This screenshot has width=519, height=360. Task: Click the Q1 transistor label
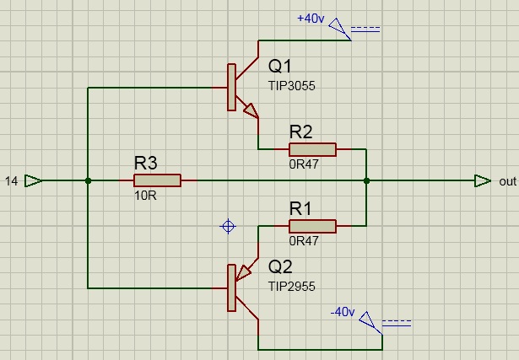tap(281, 67)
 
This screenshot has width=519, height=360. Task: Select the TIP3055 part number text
tap(292, 86)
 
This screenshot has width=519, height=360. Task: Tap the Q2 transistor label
tap(281, 267)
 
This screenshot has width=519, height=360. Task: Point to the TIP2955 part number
tap(292, 287)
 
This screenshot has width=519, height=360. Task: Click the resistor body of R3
tap(157, 180)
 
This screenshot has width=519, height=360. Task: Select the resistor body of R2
tap(312, 150)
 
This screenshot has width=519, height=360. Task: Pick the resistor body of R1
tap(312, 226)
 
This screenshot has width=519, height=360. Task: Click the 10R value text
tap(146, 196)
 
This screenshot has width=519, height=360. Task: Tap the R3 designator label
tap(146, 163)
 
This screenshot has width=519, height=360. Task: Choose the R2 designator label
tap(301, 132)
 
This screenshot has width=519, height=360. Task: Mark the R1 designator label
tap(301, 207)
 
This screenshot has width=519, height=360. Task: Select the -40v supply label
tap(342, 312)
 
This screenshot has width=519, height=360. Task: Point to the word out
tap(507, 181)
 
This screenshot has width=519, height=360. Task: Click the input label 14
tap(12, 181)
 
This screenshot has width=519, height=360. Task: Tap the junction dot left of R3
tap(88, 180)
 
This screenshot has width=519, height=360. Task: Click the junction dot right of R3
tap(366, 180)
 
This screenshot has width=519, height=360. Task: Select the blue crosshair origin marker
tap(228, 226)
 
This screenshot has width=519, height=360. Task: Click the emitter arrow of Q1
tap(250, 110)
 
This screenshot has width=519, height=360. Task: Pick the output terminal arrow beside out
tap(482, 180)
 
